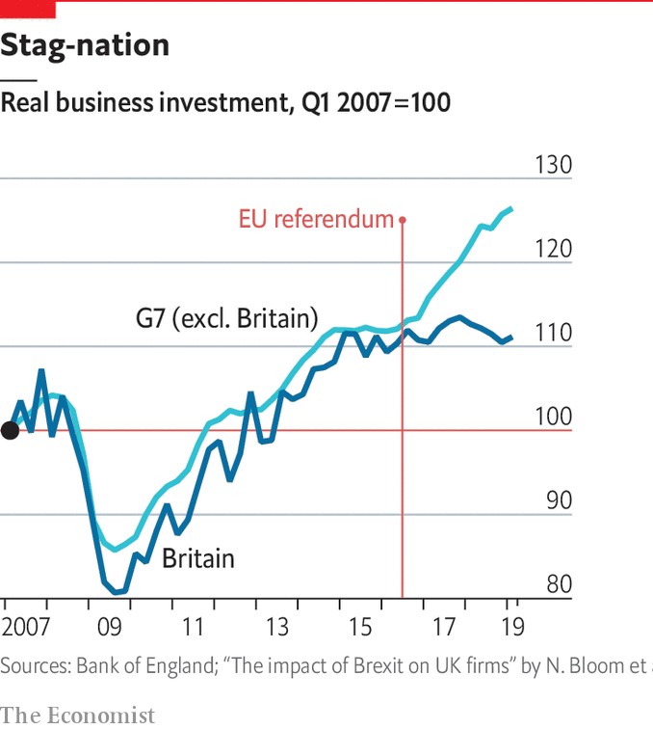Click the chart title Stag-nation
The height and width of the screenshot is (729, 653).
pyautogui.click(x=85, y=46)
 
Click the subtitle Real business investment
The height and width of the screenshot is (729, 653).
pyautogui.click(x=146, y=102)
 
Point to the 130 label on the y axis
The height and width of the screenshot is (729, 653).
pyautogui.click(x=553, y=165)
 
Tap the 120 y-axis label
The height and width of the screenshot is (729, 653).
pyautogui.click(x=553, y=249)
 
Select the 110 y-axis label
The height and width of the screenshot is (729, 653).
pyautogui.click(x=553, y=333)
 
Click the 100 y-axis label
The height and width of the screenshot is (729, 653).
pyautogui.click(x=553, y=417)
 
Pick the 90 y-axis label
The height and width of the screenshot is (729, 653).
pyautogui.click(x=559, y=500)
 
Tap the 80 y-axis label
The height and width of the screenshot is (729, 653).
pyautogui.click(x=559, y=584)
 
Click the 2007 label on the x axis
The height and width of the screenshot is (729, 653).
pyautogui.click(x=26, y=627)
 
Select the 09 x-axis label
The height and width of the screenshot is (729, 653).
pyautogui.click(x=110, y=627)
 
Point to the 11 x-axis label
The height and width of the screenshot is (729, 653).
pyautogui.click(x=193, y=627)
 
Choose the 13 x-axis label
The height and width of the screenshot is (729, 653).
pyautogui.click(x=277, y=627)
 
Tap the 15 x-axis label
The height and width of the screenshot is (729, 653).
pyautogui.click(x=360, y=627)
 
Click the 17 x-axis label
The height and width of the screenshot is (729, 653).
pyautogui.click(x=444, y=627)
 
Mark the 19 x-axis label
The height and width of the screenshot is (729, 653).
pyautogui.click(x=512, y=627)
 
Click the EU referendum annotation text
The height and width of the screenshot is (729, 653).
pyautogui.click(x=316, y=219)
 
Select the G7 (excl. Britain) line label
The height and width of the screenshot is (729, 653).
pyautogui.click(x=227, y=319)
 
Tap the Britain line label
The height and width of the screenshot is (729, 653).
pyautogui.click(x=198, y=558)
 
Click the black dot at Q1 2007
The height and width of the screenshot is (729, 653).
pyautogui.click(x=10, y=430)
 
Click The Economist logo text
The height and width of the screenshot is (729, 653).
pyautogui.click(x=78, y=715)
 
